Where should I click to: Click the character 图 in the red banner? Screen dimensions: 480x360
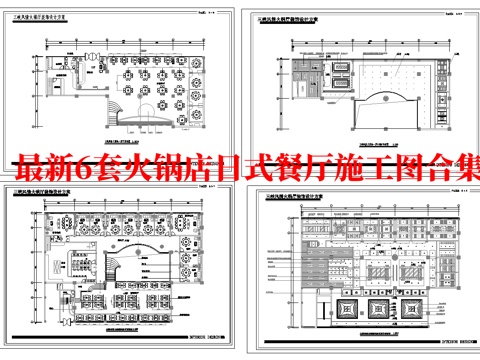tap(404, 165)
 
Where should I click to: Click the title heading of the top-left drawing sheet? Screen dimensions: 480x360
tap(52, 29)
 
